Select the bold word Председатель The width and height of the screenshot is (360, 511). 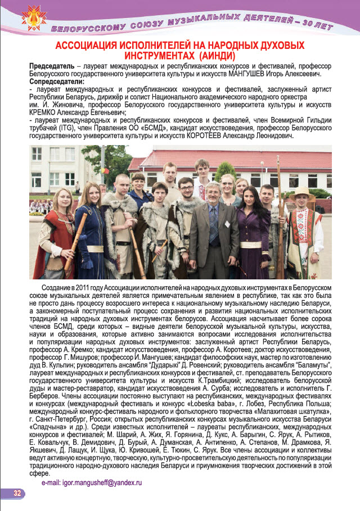[51, 67]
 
